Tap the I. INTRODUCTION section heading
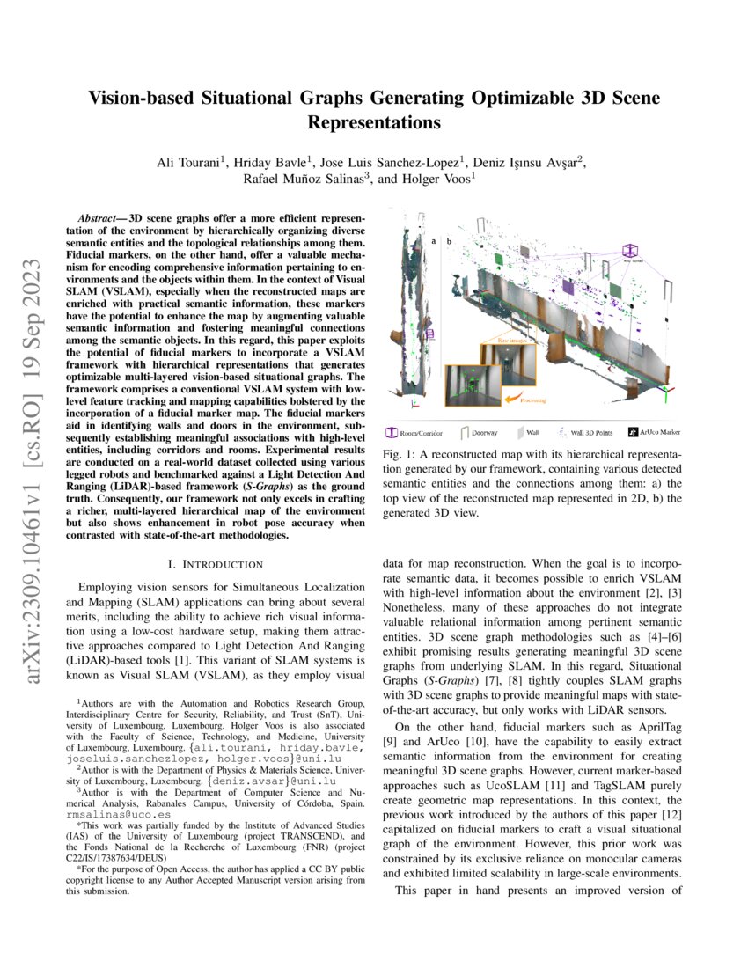216,563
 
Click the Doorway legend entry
476,432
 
